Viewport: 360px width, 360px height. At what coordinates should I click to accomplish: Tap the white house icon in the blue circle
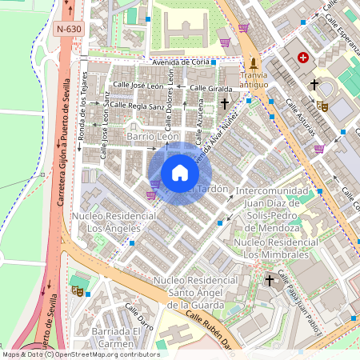(180, 173)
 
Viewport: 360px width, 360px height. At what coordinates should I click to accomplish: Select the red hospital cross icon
(303, 58)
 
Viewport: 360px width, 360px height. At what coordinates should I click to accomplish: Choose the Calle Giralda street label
(211, 88)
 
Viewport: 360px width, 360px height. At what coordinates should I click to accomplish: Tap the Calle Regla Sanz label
(137, 105)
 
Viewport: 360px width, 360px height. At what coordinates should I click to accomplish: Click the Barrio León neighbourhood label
(153, 138)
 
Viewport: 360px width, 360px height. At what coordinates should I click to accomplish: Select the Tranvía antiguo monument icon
(254, 64)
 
